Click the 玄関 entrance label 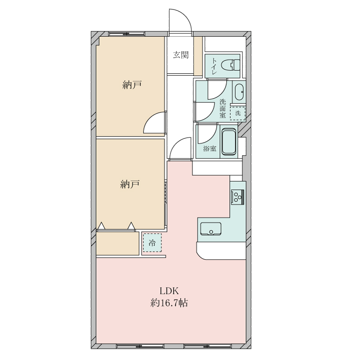click(x=181, y=55)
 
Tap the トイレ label click(x=214, y=66)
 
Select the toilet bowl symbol click(x=230, y=65)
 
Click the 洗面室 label click(x=223, y=108)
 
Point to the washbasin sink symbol click(x=239, y=92)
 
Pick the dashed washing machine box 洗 click(x=238, y=113)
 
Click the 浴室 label click(x=210, y=148)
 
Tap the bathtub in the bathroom click(x=229, y=142)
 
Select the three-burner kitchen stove click(x=238, y=197)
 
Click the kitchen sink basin click(x=210, y=229)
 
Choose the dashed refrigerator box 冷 click(x=152, y=243)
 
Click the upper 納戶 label click(x=132, y=85)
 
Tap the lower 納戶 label click(x=130, y=184)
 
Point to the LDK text click(x=169, y=291)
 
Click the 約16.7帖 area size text click(x=169, y=303)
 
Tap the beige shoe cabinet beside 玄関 click(x=198, y=56)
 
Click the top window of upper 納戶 click(x=127, y=34)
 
